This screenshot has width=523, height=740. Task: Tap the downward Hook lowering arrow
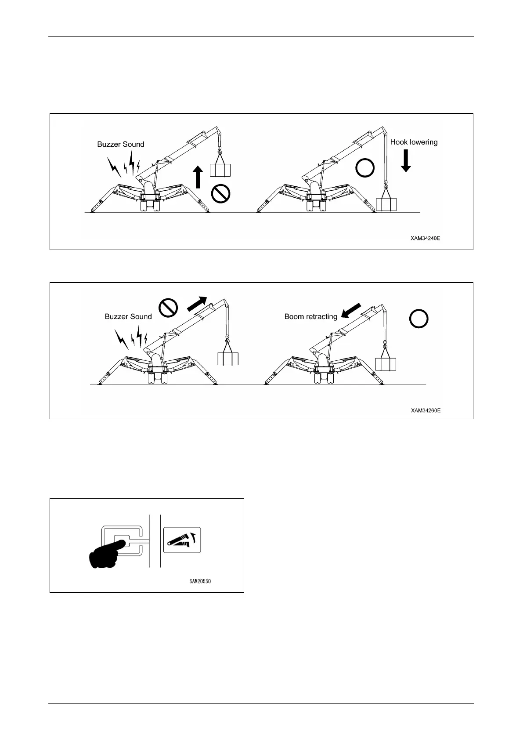(406, 161)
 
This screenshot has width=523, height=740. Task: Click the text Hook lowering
(414, 142)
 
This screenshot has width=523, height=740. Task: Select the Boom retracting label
(310, 316)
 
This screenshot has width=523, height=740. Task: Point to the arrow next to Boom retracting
(351, 310)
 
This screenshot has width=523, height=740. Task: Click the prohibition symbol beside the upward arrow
(221, 193)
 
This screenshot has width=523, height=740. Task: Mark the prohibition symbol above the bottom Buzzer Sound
(168, 307)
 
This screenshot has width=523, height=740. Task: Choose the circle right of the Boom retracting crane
(419, 319)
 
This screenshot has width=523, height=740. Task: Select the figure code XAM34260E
(426, 410)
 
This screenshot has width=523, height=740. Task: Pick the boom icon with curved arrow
(182, 540)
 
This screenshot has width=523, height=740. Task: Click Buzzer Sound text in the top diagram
(121, 144)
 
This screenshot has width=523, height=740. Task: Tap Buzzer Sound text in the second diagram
(128, 316)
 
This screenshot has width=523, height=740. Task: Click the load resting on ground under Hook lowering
(386, 205)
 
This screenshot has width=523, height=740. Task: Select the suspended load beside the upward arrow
(220, 170)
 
